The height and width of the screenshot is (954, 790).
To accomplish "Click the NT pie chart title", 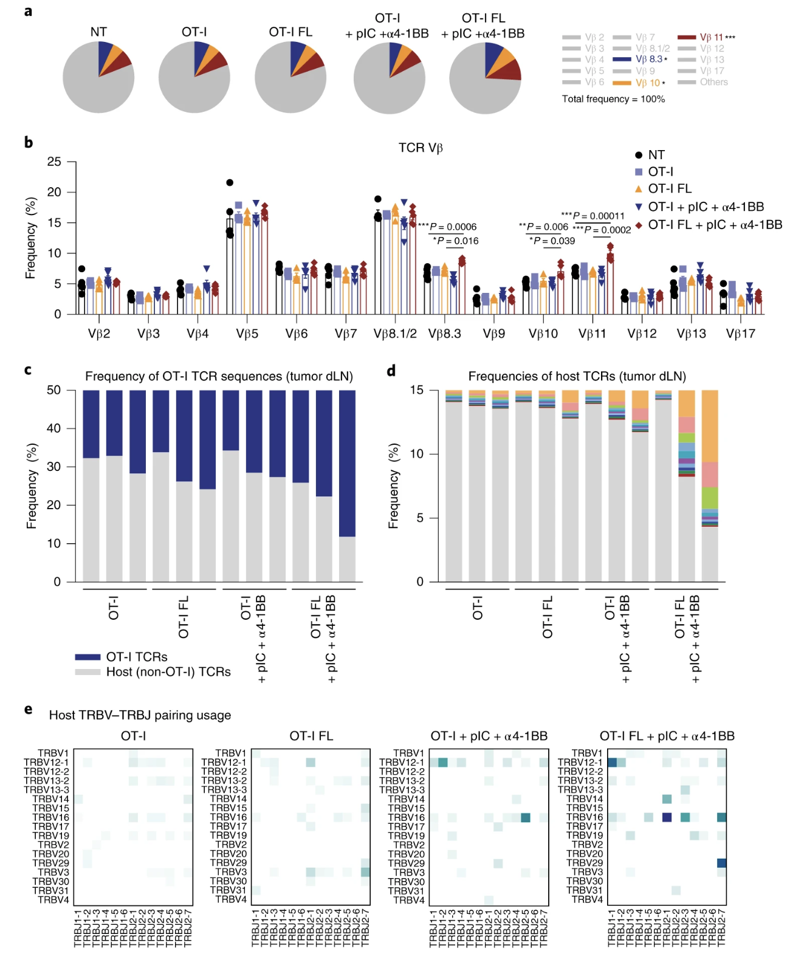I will click(x=98, y=32).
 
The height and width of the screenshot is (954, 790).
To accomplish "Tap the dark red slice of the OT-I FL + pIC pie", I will click(x=510, y=70).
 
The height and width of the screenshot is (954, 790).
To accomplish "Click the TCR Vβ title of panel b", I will click(x=421, y=148).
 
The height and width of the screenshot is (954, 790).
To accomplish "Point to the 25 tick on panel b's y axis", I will click(x=55, y=162).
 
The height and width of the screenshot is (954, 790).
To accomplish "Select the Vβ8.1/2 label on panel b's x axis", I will click(x=395, y=334).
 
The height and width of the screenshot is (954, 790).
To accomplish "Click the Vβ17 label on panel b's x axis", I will click(x=740, y=334).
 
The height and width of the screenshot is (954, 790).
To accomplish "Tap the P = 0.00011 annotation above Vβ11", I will click(x=592, y=216).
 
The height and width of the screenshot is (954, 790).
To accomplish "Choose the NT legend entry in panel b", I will click(x=656, y=155).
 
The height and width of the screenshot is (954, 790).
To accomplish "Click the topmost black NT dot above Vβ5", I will click(x=230, y=182).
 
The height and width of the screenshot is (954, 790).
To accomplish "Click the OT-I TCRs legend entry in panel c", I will click(x=136, y=657).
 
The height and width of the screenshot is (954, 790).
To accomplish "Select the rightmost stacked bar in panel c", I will click(x=348, y=486).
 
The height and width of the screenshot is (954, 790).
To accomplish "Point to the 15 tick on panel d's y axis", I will click(x=416, y=390).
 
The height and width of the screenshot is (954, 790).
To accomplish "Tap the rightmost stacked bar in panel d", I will click(x=710, y=486).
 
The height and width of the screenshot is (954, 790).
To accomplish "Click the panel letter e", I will click(x=28, y=709).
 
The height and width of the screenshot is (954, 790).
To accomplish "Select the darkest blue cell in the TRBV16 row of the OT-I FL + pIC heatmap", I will click(x=667, y=817).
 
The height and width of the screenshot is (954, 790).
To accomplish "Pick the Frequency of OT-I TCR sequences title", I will click(x=219, y=376).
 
